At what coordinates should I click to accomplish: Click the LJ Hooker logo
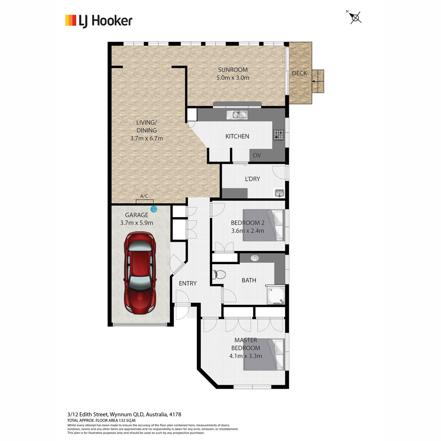coord(98,21)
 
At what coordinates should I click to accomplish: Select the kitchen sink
coord(237,115)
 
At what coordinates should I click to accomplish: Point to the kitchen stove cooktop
coord(279,135)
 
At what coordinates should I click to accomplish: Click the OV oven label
coord(257,155)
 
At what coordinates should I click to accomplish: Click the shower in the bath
coord(276,295)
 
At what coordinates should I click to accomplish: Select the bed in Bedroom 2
coord(264,225)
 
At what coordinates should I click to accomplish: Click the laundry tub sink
coord(279,193)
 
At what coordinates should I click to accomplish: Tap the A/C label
coord(144,196)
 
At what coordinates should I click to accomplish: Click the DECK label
coord(300,73)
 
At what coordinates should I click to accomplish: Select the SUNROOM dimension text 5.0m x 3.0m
coord(233,78)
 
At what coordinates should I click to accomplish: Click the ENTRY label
coord(188,283)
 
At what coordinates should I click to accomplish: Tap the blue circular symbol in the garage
coord(154,209)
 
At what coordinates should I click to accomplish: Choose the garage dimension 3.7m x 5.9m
coord(136,223)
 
